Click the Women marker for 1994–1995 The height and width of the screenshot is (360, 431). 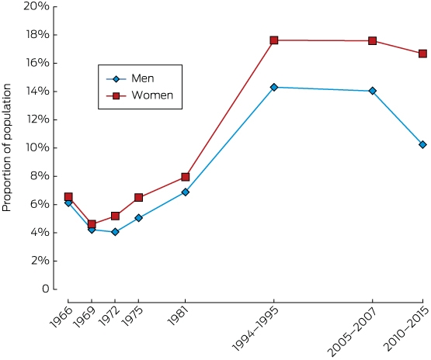tap(274, 40)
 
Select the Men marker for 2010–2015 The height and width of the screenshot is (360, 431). tap(422, 144)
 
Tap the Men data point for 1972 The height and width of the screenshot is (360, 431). tap(115, 232)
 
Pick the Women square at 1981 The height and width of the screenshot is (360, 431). tap(186, 177)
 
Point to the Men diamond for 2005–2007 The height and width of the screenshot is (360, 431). tap(373, 91)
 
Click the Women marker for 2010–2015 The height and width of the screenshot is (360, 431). tap(422, 54)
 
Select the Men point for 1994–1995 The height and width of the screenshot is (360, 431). tap(274, 88)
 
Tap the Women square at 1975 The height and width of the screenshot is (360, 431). tap(138, 197)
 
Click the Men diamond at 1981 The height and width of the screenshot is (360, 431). tap(186, 192)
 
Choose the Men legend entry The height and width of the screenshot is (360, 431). tap(130, 79)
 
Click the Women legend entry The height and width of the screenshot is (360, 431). tap(140, 95)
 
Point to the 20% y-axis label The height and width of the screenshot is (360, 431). tap(36, 6)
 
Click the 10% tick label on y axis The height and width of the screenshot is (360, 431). tap(37, 147)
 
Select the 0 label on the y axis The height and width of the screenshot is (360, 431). tap(46, 289)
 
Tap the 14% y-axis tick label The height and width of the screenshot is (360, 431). tap(37, 92)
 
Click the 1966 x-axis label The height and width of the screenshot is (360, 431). tap(61, 317)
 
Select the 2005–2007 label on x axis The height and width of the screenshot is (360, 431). tap(353, 331)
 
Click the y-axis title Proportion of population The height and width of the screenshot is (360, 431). tap(6, 147)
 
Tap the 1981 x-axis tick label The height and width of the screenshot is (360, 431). tap(179, 316)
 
